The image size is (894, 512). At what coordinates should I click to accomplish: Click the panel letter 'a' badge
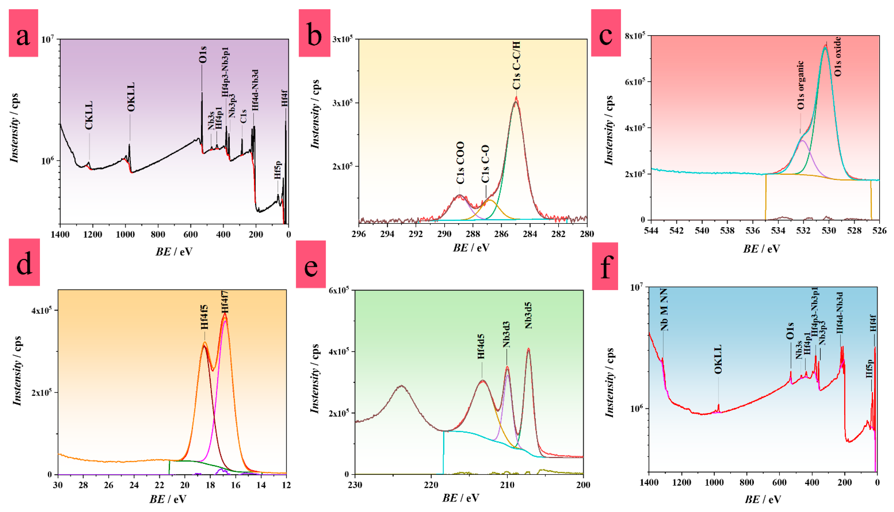[23, 33]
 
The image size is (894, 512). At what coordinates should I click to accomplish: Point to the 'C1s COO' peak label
[460, 163]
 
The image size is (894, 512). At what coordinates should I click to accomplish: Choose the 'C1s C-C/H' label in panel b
[516, 65]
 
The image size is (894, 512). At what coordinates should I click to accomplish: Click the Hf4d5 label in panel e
[481, 346]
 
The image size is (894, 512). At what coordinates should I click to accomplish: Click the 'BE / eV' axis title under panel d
[168, 499]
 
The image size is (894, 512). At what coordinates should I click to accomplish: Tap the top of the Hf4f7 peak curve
[225, 314]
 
